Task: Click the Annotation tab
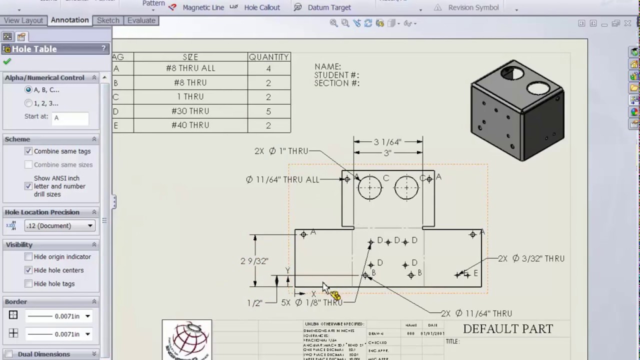(x=69, y=20)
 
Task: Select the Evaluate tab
(x=141, y=20)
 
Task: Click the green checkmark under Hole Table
(x=7, y=61)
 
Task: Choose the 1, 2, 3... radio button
(x=28, y=103)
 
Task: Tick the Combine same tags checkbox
(x=28, y=151)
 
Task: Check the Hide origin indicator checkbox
(x=28, y=256)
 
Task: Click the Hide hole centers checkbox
(x=28, y=270)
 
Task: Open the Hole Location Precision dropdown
(x=59, y=225)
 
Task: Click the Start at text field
(x=70, y=118)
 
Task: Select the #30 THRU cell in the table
(x=190, y=111)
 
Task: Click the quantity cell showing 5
(x=268, y=111)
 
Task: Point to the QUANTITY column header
(x=268, y=57)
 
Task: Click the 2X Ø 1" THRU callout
(x=281, y=151)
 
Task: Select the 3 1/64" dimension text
(x=387, y=142)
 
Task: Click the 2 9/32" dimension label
(x=254, y=261)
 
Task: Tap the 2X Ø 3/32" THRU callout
(x=531, y=258)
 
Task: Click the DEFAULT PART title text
(x=507, y=329)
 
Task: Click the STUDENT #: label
(x=336, y=75)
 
